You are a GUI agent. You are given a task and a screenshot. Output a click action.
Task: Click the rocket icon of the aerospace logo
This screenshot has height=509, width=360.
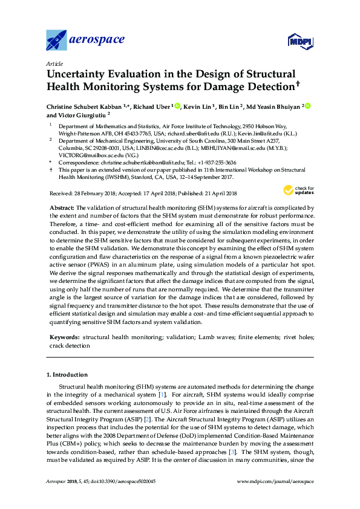tap(57, 41)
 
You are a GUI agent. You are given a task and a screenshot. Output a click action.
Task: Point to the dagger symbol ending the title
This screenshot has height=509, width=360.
tap(298, 85)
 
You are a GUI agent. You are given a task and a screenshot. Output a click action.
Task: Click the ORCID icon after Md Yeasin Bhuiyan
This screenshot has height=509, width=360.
tap(307, 106)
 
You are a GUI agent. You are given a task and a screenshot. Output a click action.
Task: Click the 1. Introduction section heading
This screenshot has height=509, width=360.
tap(67, 374)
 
